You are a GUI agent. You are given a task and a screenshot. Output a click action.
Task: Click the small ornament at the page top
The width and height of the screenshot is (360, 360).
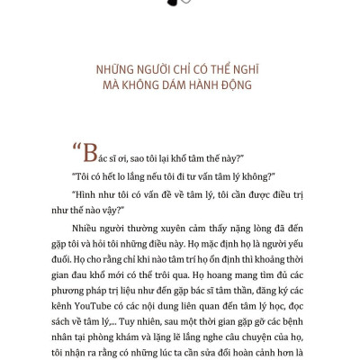[179, 4]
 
